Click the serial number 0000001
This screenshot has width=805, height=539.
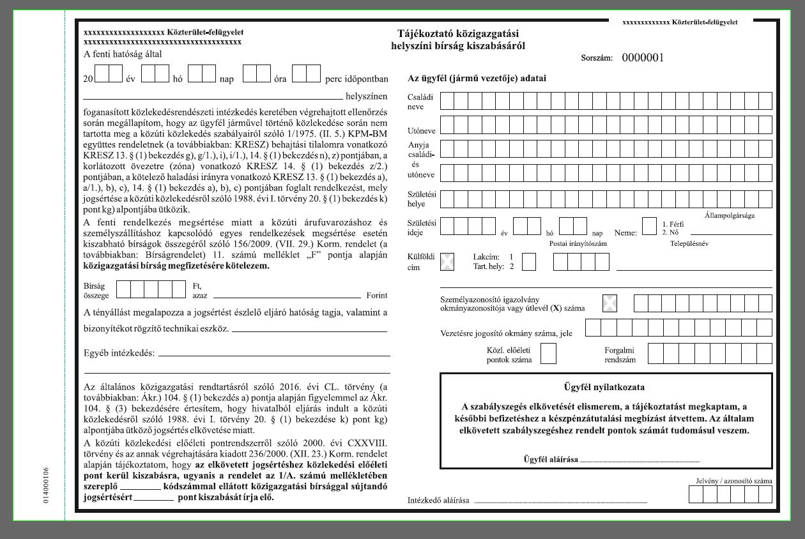pos(643,57)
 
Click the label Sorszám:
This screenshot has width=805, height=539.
pos(597,58)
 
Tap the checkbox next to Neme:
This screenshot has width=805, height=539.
pos(649,227)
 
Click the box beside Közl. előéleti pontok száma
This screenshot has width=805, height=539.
pos(548,354)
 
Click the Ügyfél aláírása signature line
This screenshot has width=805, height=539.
pos(640,460)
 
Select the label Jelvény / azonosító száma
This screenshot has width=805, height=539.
pos(733,481)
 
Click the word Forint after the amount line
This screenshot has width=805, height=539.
pos(377,296)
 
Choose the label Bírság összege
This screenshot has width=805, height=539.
pos(96,291)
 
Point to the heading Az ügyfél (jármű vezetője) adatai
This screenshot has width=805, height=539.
pos(477,79)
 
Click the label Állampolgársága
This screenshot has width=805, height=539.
pos(730,215)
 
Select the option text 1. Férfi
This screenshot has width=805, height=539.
pos(673,224)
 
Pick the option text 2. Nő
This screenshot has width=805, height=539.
pos(671,232)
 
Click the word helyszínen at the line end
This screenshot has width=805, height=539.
pos(366,97)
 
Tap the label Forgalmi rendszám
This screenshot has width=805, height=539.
pos(620,354)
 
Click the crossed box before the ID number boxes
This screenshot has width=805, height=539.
pos(610,303)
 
